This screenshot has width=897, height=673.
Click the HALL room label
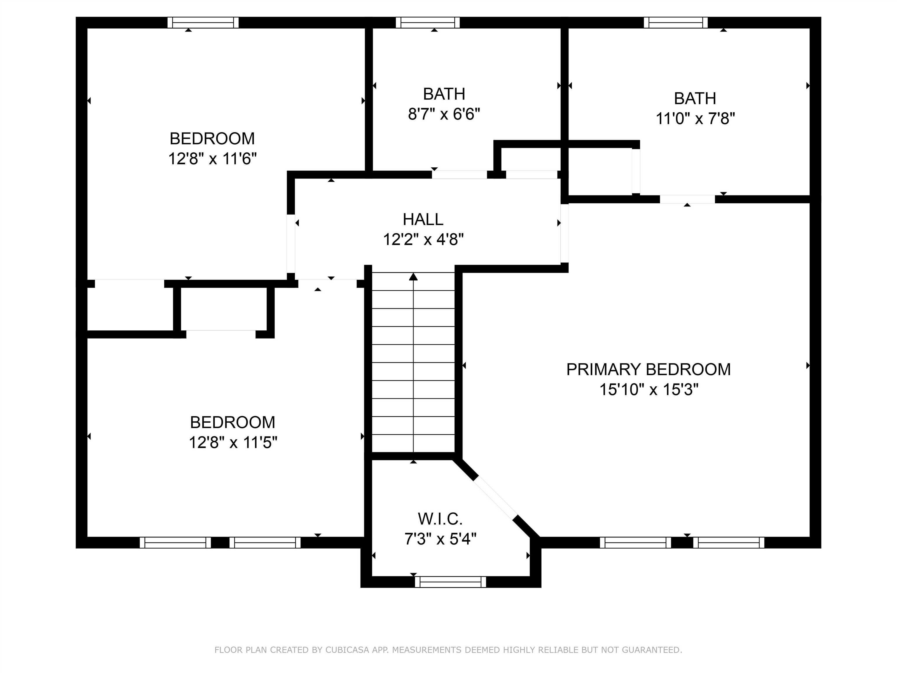423,219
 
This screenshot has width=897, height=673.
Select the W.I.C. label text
440,519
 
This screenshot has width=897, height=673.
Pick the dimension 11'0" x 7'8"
695,119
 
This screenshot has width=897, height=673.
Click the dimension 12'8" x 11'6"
213,159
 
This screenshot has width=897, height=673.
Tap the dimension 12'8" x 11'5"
233,442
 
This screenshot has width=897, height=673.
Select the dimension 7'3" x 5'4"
440,539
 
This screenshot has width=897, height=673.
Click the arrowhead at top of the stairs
413,277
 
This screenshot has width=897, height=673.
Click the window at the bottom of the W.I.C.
450,582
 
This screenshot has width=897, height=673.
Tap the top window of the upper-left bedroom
203,22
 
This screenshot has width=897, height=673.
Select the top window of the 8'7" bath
428,22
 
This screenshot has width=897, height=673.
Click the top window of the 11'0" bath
676,22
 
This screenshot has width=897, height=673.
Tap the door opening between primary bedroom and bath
687,199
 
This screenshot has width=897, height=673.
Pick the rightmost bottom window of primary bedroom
728,542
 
